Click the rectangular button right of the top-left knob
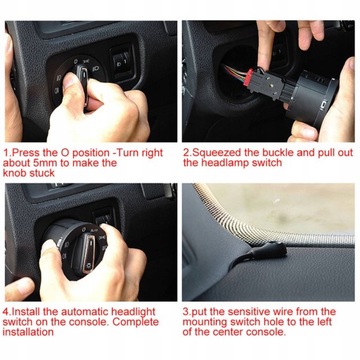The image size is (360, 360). pyautogui.click(x=119, y=61)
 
